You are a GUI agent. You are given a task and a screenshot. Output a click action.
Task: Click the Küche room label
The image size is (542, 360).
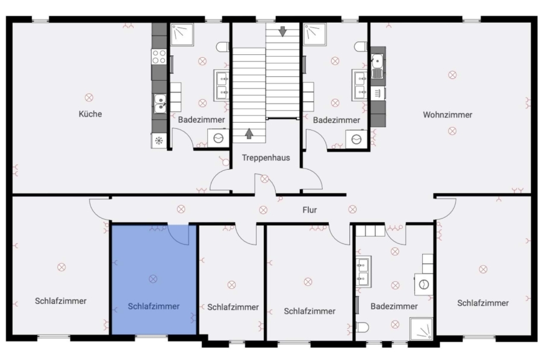[90, 114]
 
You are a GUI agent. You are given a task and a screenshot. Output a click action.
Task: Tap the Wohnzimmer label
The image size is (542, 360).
[447, 115]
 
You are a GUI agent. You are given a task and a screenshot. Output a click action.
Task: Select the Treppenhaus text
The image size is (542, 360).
[266, 158]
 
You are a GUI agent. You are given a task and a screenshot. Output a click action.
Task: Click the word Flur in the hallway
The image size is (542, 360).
[310, 210]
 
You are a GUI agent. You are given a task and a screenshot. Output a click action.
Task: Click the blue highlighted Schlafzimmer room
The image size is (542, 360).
[154, 280]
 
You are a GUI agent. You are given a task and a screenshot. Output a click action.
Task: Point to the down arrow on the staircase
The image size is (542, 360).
[283, 31]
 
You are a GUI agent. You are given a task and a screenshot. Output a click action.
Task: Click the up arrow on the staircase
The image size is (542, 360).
[249, 134]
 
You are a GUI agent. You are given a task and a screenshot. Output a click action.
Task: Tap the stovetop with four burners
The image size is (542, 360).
[159, 57]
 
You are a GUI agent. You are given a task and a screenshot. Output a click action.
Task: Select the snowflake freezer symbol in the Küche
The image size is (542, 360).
[159, 141]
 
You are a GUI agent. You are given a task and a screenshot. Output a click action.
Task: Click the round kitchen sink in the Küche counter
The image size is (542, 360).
[160, 104]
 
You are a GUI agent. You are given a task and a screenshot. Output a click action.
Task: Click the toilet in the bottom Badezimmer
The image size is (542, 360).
[363, 327]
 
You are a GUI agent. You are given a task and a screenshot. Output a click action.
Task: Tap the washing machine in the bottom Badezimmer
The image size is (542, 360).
[423, 284]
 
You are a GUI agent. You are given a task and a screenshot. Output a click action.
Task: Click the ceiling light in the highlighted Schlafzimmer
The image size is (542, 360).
[153, 279]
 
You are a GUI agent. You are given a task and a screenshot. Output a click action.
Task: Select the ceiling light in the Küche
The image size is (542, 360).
[89, 98]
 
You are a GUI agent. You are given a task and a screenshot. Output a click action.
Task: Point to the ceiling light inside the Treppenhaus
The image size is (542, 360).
[264, 179]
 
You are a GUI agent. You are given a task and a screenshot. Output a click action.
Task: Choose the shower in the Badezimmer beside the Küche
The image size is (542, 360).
[182, 34]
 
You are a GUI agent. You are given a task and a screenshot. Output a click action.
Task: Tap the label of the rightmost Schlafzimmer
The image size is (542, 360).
[483, 303]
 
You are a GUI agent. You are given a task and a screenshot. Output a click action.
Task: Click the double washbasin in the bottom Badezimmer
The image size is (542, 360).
[363, 272]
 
